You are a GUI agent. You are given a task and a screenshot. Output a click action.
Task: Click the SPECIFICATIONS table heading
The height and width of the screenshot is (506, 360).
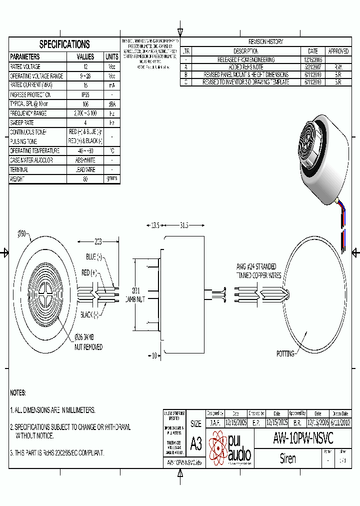(64, 44)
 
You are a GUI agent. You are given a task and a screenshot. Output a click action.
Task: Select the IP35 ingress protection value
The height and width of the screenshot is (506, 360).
(85, 94)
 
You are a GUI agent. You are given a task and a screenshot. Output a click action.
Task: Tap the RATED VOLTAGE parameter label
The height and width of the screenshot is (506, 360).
(25, 66)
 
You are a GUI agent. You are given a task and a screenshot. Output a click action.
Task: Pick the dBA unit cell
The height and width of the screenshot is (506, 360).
(112, 104)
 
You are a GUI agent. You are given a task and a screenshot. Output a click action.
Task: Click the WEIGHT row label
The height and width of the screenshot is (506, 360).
(17, 178)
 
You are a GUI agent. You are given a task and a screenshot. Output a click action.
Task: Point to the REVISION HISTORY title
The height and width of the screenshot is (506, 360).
(265, 42)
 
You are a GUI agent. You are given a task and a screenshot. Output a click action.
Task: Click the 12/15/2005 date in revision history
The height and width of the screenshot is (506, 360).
(312, 59)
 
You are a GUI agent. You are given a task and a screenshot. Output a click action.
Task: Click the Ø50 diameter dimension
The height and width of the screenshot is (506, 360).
(22, 233)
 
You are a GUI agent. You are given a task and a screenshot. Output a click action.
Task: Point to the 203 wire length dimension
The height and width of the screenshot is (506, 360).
(98, 242)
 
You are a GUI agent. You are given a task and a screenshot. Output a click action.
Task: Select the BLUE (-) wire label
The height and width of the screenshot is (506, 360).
(93, 256)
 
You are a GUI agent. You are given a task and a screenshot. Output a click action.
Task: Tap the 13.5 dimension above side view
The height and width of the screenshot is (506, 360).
(155, 226)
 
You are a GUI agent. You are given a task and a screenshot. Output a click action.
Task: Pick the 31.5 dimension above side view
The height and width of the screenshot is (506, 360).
(183, 226)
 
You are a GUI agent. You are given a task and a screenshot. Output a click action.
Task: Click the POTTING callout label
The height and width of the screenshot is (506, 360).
(285, 353)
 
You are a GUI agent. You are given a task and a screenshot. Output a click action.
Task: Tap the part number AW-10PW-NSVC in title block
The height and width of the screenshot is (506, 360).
(303, 438)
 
